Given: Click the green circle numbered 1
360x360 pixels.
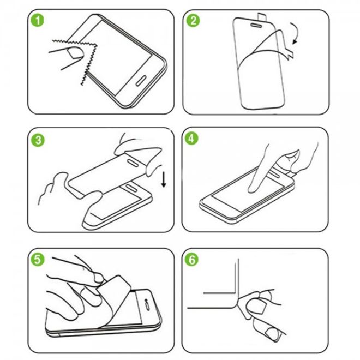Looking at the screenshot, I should coord(37,22).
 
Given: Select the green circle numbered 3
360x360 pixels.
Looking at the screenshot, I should coord(37,140).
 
